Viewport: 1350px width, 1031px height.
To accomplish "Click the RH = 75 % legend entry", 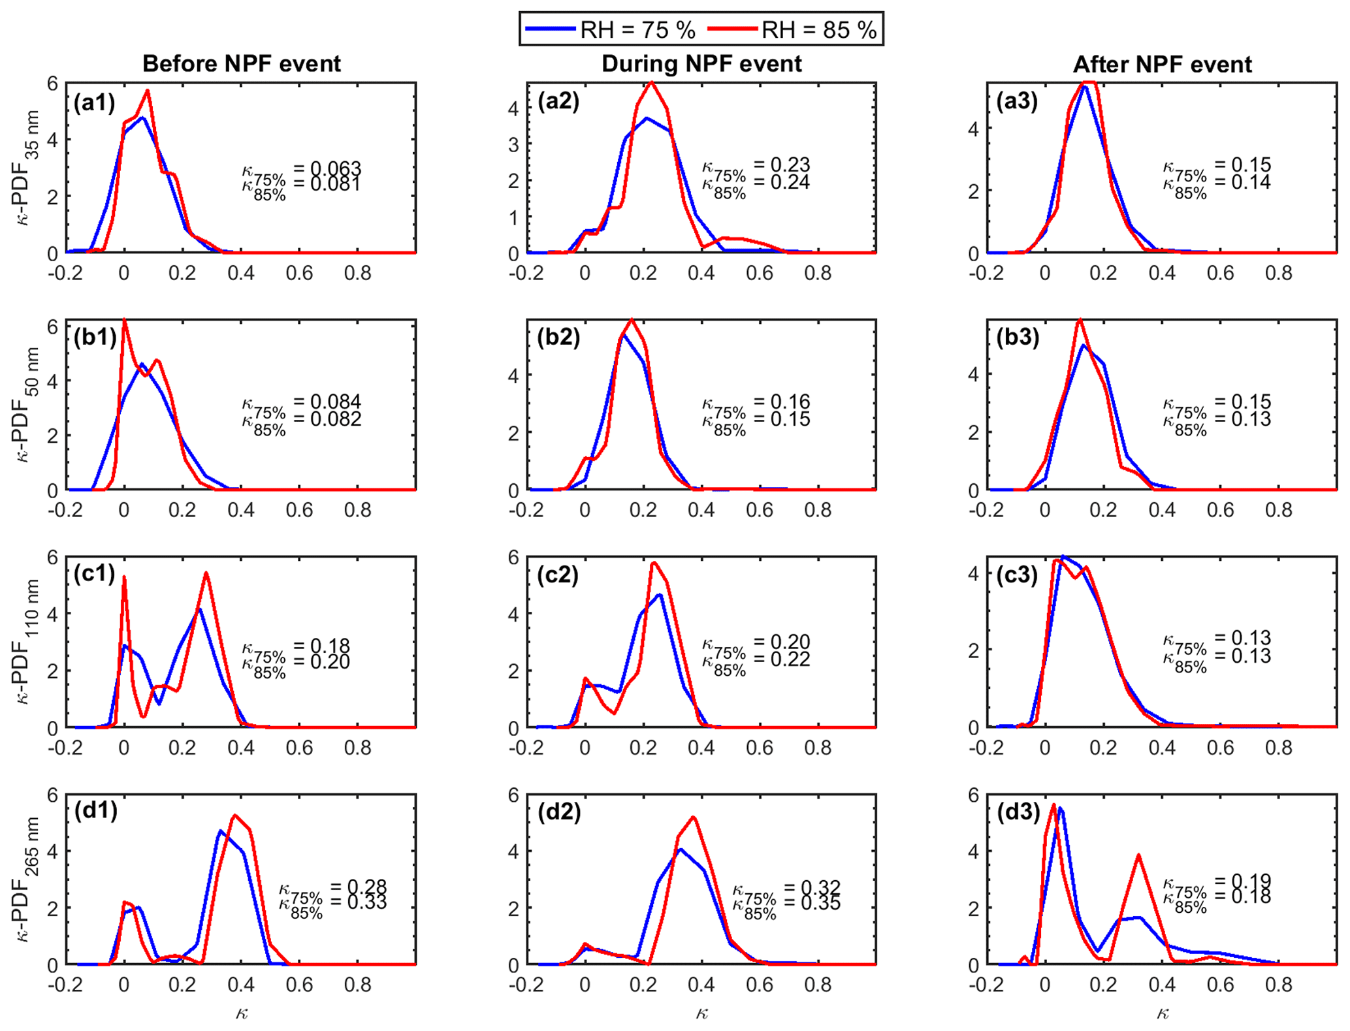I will click(x=637, y=29).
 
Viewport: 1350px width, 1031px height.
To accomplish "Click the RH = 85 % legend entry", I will click(x=818, y=29).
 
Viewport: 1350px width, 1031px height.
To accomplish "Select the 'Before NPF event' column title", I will click(x=242, y=64).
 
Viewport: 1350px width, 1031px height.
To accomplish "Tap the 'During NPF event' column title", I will click(x=701, y=64).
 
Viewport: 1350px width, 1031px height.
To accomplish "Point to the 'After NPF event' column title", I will click(x=1163, y=65).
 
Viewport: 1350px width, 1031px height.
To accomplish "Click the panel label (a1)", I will click(x=94, y=103).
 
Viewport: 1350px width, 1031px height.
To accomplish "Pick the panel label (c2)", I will click(x=558, y=575).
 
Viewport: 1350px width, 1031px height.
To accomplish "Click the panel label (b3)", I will click(x=1018, y=338).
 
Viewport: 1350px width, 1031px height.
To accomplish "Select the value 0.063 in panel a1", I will click(x=335, y=168).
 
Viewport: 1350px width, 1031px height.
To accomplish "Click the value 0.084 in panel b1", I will click(x=336, y=401).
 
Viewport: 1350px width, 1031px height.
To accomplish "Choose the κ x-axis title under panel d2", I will click(x=701, y=1013).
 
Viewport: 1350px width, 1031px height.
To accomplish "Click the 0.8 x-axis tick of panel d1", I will click(x=357, y=984).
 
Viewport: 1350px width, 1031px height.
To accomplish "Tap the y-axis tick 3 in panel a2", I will click(x=513, y=144).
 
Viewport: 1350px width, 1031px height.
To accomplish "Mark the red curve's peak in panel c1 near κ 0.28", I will click(x=206, y=573).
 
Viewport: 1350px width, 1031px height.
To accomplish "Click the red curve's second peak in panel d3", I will click(x=1138, y=855).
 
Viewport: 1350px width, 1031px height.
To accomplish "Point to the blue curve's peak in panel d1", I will click(x=221, y=831).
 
